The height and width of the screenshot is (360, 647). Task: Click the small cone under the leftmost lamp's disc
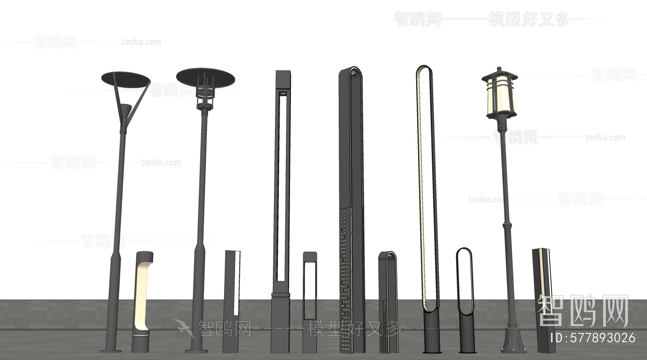[x=126, y=109]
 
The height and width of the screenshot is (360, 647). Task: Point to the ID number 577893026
[x=594, y=338]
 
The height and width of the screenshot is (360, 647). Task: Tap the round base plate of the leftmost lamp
[x=110, y=350]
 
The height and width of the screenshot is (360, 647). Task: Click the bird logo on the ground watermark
[x=184, y=328]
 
